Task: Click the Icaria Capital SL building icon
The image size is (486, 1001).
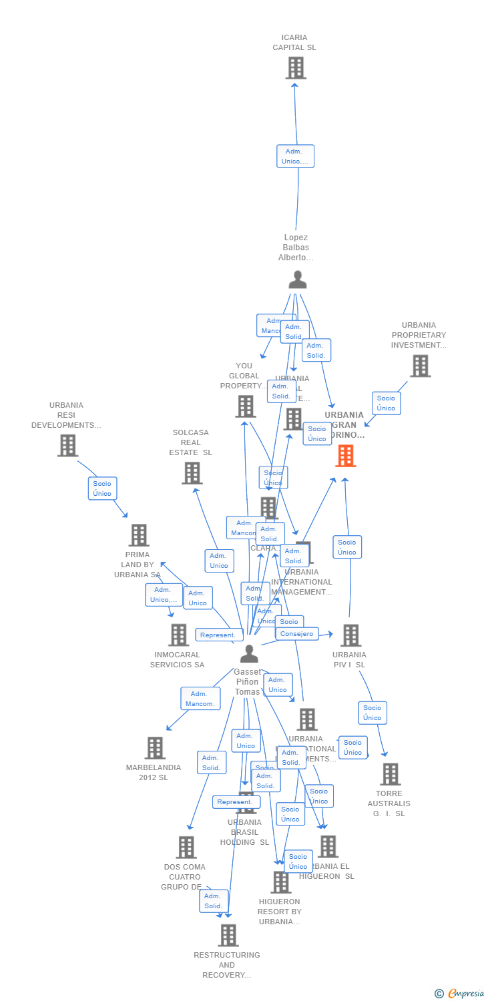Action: coord(296,68)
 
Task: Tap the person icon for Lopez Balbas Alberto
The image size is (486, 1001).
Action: coord(298,280)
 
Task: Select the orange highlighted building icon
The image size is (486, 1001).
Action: coord(345,456)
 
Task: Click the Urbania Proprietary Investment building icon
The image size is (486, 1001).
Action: coord(420,366)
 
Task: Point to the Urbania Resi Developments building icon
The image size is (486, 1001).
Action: coord(67,446)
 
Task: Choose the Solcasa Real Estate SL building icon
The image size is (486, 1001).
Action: coord(192,473)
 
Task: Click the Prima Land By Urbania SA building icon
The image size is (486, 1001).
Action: coord(138,535)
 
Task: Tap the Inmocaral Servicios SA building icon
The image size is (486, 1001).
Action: coord(178,635)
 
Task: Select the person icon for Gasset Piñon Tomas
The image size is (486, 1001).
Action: coord(249,654)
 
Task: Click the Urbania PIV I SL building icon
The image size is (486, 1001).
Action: coord(350,635)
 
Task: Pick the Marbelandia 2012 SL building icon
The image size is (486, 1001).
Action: coord(155,748)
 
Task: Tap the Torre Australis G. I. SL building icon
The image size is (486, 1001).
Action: coord(390,774)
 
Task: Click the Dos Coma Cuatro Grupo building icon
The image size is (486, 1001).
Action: coord(186,848)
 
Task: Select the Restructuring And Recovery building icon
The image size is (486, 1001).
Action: coord(228,936)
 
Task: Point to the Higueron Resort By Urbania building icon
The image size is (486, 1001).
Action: coord(281,882)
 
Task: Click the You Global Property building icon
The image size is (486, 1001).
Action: coord(246,406)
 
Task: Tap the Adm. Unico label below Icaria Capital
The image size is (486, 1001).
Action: coord(295,156)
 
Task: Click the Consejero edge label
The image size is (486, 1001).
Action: coord(297,634)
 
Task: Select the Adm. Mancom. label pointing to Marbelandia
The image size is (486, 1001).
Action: coord(200,699)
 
